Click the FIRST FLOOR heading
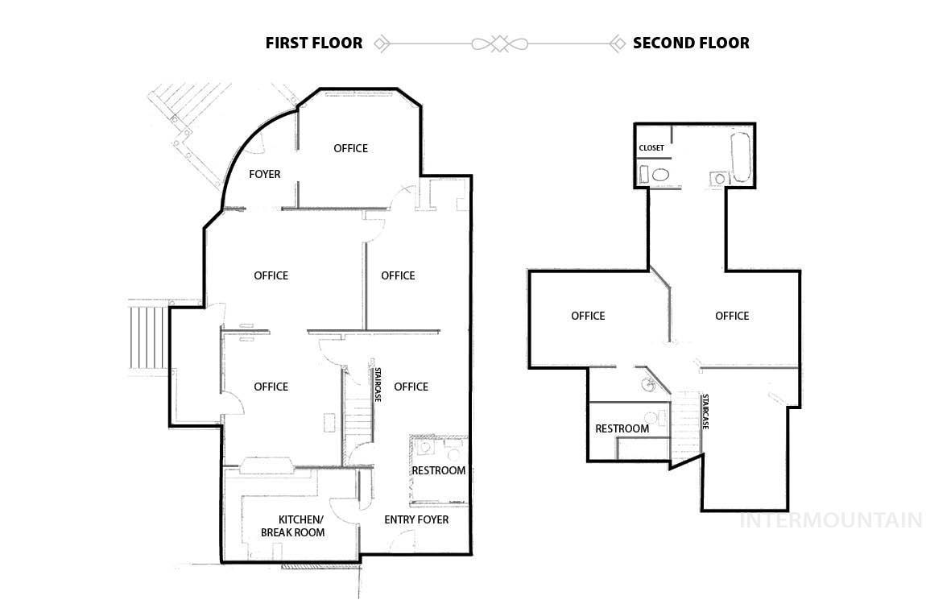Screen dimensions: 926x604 coord(313,43)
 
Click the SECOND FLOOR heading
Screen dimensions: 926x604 coord(691,43)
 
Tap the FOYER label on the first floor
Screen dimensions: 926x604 coord(265,174)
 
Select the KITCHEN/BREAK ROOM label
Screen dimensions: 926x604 coord(293,526)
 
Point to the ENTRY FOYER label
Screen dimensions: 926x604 coord(416,519)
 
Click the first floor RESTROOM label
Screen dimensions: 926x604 coord(439,470)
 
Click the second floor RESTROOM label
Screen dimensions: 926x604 coord(622,428)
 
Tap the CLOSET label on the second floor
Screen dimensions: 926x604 coord(651,147)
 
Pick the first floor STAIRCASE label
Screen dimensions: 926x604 coord(378,385)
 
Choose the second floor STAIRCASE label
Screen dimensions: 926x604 coord(705,412)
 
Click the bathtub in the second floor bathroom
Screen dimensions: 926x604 coord(741,157)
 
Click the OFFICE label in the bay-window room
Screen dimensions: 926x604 coord(351,148)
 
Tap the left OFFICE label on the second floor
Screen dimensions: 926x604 coord(588,316)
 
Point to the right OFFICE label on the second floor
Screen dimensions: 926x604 coord(732,316)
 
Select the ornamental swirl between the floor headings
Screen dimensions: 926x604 coord(499,43)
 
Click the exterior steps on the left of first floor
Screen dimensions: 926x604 coord(147,338)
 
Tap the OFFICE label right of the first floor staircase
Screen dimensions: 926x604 coord(411,387)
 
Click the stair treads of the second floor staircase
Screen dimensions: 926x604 coord(685,426)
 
